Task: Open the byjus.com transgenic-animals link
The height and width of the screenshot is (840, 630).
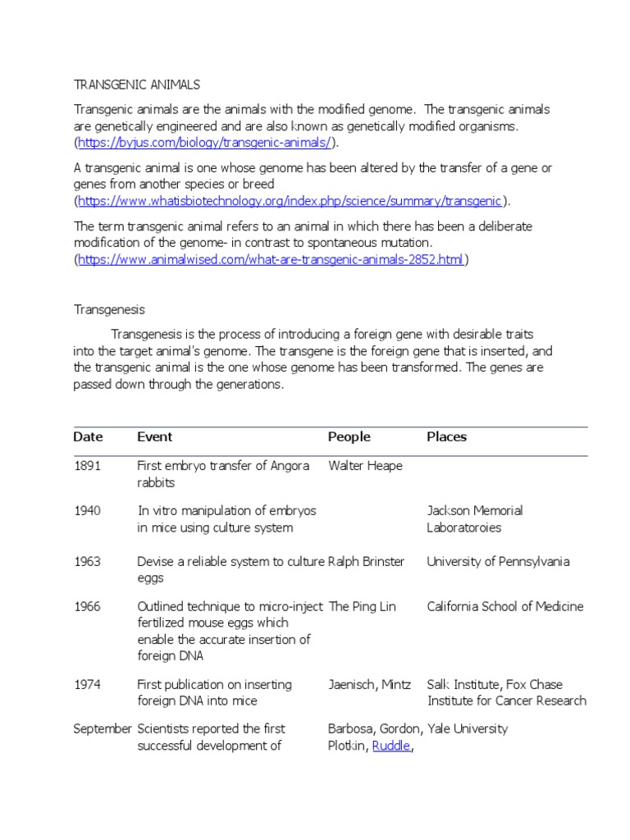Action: coord(205,143)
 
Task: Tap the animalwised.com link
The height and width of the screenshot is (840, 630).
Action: coord(271,259)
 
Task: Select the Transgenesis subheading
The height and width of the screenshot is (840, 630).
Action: coord(109,309)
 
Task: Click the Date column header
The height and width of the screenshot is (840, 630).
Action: coord(88,437)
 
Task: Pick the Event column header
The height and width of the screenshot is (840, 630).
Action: coord(154,437)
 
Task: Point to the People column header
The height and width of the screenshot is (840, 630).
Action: coord(349,437)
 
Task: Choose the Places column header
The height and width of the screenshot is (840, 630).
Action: coord(446,437)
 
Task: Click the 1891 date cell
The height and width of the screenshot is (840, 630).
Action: coord(87,466)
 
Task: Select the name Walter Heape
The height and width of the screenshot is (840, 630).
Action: coord(365,466)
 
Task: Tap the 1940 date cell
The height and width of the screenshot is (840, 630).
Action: coord(87,510)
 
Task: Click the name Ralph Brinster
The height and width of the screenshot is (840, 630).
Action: coord(366,562)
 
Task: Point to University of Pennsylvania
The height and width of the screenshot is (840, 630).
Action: coord(498,562)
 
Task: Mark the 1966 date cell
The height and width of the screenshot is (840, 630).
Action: coord(87,606)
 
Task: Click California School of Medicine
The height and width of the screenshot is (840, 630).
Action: coord(505,606)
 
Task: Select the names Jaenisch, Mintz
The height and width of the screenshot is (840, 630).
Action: coord(369,684)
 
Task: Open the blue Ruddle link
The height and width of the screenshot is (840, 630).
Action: coord(390,746)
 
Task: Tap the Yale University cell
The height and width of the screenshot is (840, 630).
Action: coord(468,728)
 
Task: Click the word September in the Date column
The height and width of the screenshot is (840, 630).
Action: coord(103,728)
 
